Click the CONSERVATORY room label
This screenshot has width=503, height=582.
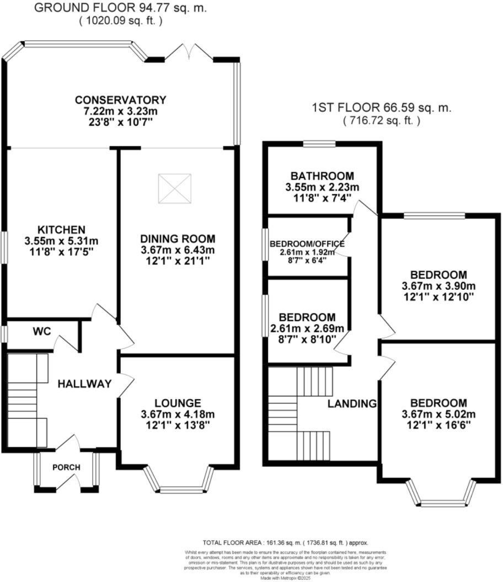pyautogui.click(x=120, y=100)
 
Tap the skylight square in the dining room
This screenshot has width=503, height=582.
pyautogui.click(x=175, y=188)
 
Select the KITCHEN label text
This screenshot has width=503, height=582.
pyautogui.click(x=61, y=229)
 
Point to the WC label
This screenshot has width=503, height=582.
pyautogui.click(x=41, y=332)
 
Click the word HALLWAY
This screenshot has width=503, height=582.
pyautogui.click(x=85, y=384)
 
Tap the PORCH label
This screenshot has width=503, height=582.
pyautogui.click(x=66, y=467)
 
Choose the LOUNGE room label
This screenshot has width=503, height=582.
pyautogui.click(x=178, y=403)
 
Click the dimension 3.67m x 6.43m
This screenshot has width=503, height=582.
pyautogui.click(x=177, y=250)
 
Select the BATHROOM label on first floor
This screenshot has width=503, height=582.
pyautogui.click(x=322, y=176)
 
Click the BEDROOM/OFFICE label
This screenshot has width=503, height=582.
pyautogui.click(x=307, y=244)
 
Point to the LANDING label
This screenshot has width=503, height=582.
pyautogui.click(x=352, y=403)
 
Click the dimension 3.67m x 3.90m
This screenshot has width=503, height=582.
pyautogui.click(x=438, y=286)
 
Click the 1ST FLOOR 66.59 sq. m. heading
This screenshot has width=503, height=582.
pyautogui.click(x=381, y=108)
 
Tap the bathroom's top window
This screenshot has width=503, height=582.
pyautogui.click(x=319, y=144)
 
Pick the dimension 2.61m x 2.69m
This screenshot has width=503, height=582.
pyautogui.click(x=307, y=330)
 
